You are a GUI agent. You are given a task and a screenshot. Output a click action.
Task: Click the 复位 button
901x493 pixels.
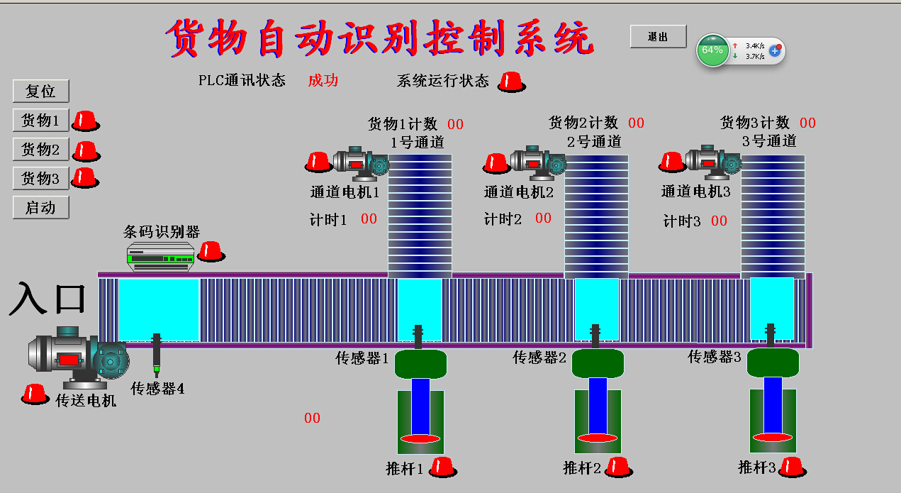pyautogui.click(x=40, y=92)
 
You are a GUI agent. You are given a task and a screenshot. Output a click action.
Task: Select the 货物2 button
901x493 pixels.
pyautogui.click(x=40, y=150)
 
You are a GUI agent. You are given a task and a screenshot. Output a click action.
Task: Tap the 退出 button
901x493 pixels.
pyautogui.click(x=658, y=37)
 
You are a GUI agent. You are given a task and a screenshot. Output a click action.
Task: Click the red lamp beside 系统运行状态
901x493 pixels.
pyautogui.click(x=512, y=82)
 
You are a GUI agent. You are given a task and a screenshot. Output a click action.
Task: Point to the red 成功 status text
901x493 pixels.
pyautogui.click(x=323, y=80)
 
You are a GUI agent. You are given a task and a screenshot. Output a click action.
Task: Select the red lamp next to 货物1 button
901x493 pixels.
pyautogui.click(x=86, y=121)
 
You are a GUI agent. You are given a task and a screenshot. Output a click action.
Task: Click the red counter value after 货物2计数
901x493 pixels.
pyautogui.click(x=636, y=123)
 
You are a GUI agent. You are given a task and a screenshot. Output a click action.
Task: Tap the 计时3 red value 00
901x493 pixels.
pyautogui.click(x=719, y=221)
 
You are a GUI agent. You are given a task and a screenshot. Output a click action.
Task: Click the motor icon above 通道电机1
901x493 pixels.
pyautogui.click(x=360, y=162)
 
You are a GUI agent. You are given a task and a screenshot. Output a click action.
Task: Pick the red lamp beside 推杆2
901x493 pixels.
pyautogui.click(x=618, y=467)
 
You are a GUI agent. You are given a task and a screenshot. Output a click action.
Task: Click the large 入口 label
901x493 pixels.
pyautogui.click(x=47, y=299)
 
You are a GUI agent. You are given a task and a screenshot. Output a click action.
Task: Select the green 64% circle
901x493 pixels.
pyautogui.click(x=712, y=50)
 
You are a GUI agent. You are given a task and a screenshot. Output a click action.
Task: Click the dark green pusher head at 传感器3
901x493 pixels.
pyautogui.click(x=773, y=362)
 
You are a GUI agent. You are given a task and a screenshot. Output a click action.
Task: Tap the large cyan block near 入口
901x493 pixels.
pyautogui.click(x=158, y=310)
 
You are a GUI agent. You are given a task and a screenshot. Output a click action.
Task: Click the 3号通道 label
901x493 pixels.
pyautogui.click(x=769, y=141)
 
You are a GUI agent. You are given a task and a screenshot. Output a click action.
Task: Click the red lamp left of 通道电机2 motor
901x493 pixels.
pyautogui.click(x=496, y=163)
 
